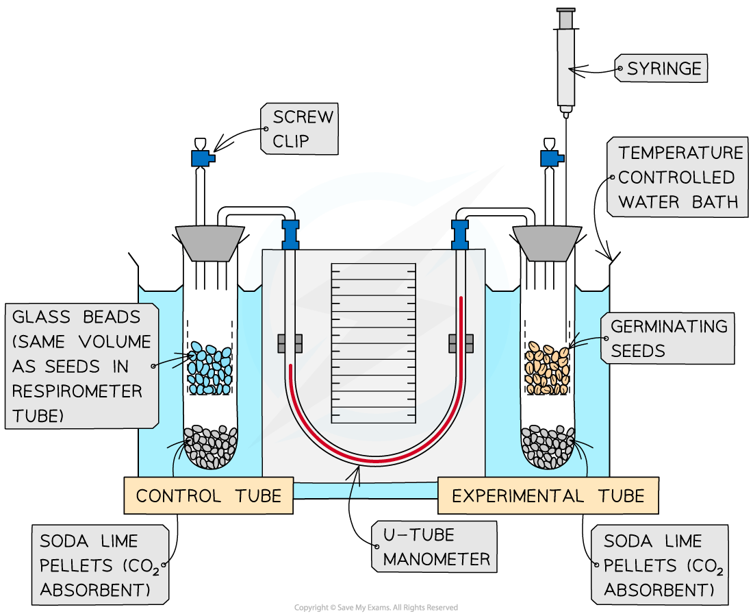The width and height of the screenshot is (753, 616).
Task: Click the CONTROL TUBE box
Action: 208,495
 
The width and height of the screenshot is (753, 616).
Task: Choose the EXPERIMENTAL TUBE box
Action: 548,495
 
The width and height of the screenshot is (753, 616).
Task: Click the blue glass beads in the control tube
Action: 210,369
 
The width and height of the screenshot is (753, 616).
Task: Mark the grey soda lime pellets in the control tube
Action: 209,447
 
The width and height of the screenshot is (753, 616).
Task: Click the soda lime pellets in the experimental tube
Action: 547,447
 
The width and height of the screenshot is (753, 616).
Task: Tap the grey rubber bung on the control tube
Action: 209,242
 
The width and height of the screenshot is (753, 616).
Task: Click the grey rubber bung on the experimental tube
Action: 547,242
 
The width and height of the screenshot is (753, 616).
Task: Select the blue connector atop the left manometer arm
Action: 291,232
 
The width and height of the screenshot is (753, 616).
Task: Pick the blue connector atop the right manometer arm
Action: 460,233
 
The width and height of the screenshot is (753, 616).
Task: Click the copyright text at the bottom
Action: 376,608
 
